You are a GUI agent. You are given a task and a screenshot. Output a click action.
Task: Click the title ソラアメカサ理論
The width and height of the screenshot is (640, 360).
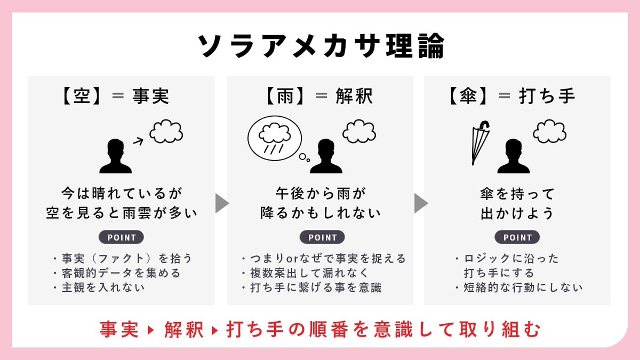[320, 47]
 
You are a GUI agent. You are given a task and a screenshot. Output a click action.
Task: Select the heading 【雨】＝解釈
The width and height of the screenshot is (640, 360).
[319, 97]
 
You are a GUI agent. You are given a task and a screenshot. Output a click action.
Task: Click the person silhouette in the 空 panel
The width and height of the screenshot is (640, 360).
[115, 156]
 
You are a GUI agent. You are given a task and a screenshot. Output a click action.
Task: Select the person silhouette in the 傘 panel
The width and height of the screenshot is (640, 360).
[513, 156]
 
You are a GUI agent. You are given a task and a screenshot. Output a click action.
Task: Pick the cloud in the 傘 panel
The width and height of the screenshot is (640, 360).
[549, 132]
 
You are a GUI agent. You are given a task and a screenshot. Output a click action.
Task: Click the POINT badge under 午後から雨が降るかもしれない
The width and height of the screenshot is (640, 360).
[322, 237]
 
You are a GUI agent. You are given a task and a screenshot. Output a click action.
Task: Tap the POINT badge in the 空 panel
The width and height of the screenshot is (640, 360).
[122, 237]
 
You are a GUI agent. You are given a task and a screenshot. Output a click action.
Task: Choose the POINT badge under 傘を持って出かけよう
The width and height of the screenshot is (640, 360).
[517, 237]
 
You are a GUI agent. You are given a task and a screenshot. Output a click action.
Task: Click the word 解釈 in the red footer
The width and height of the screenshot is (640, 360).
[184, 330]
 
